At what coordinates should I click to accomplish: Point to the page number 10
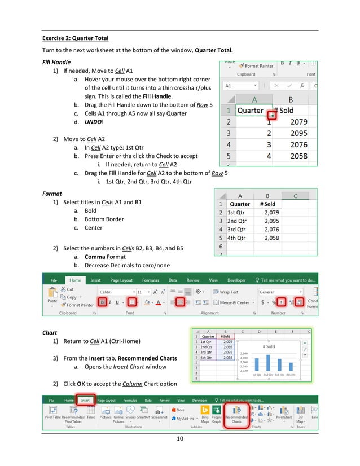pyautogui.click(x=181, y=439)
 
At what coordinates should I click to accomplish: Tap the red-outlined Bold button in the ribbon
pyautogui.click(x=102, y=302)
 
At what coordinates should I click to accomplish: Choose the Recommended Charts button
pyautogui.click(x=236, y=415)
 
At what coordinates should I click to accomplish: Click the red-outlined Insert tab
pyautogui.click(x=85, y=400)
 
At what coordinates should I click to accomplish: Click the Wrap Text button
pyautogui.click(x=225, y=292)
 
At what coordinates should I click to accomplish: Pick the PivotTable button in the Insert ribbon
pyautogui.click(x=54, y=415)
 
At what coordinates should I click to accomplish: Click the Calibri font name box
pyautogui.click(x=115, y=292)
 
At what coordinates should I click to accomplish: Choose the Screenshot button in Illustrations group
pyautogui.click(x=160, y=415)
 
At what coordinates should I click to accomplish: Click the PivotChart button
pyautogui.click(x=284, y=415)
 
